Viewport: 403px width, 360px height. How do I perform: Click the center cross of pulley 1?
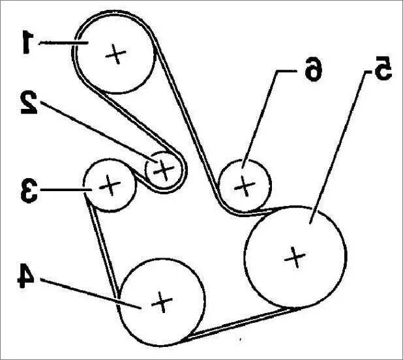(116, 53)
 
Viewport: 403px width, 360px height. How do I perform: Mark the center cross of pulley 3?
(111, 186)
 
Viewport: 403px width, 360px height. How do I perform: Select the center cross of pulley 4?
(160, 302)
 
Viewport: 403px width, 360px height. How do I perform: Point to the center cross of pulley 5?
(295, 258)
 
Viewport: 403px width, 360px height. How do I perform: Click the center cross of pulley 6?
(245, 186)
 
